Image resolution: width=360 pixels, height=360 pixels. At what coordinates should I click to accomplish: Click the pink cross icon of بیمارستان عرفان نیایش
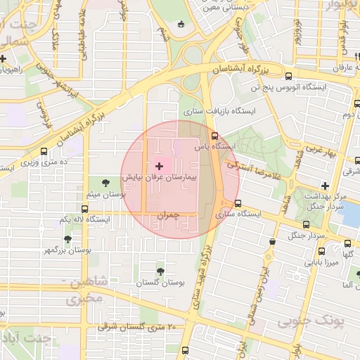click(x=159, y=166)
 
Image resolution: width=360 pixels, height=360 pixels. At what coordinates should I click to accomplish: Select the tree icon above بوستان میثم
click(x=105, y=183)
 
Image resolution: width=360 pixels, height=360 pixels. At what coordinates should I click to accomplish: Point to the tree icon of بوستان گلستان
click(x=161, y=271)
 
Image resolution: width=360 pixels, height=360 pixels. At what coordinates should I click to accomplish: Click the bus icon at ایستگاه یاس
click(x=214, y=136)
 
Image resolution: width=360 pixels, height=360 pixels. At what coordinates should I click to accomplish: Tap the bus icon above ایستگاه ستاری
click(x=238, y=203)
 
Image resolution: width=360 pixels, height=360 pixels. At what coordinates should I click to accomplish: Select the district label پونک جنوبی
click(x=304, y=322)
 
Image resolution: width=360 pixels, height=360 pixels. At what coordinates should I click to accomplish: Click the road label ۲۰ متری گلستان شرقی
click(x=139, y=327)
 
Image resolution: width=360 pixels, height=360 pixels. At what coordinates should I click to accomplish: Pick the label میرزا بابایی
click(x=321, y=262)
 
